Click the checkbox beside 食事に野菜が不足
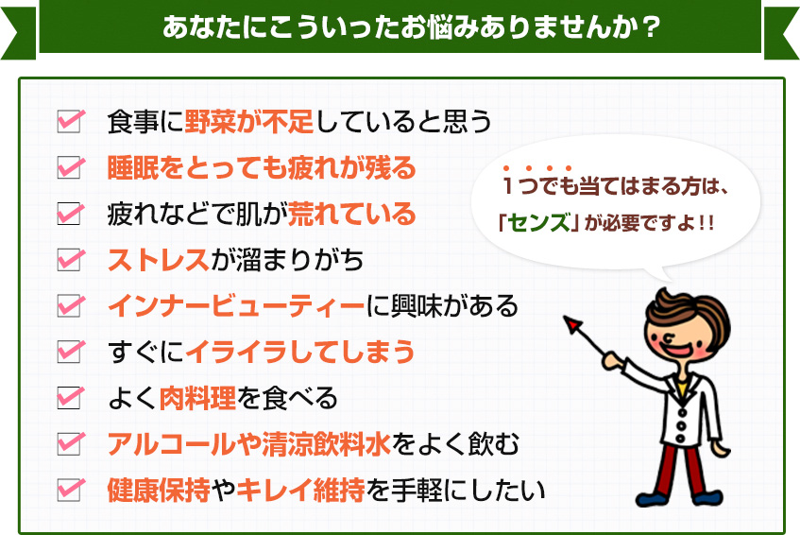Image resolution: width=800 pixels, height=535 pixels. pos(69,122)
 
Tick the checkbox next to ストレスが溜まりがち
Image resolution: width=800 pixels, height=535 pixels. pos(69,259)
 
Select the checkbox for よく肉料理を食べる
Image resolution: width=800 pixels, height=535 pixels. pos(69,397)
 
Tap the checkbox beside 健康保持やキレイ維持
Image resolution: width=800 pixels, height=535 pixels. pos(69,489)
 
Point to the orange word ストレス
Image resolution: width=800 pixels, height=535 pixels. pos(159,259)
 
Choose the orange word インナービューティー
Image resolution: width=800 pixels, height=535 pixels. pos(236,305)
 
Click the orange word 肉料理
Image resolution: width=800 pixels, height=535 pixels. pos(197,398)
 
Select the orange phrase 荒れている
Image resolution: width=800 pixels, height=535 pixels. pos(352,214)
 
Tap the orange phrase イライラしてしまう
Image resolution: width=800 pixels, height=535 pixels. pos(300,352)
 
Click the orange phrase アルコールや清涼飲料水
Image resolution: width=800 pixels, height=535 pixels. pos(249,443)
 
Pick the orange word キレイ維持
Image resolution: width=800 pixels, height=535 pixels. pos(300,490)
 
